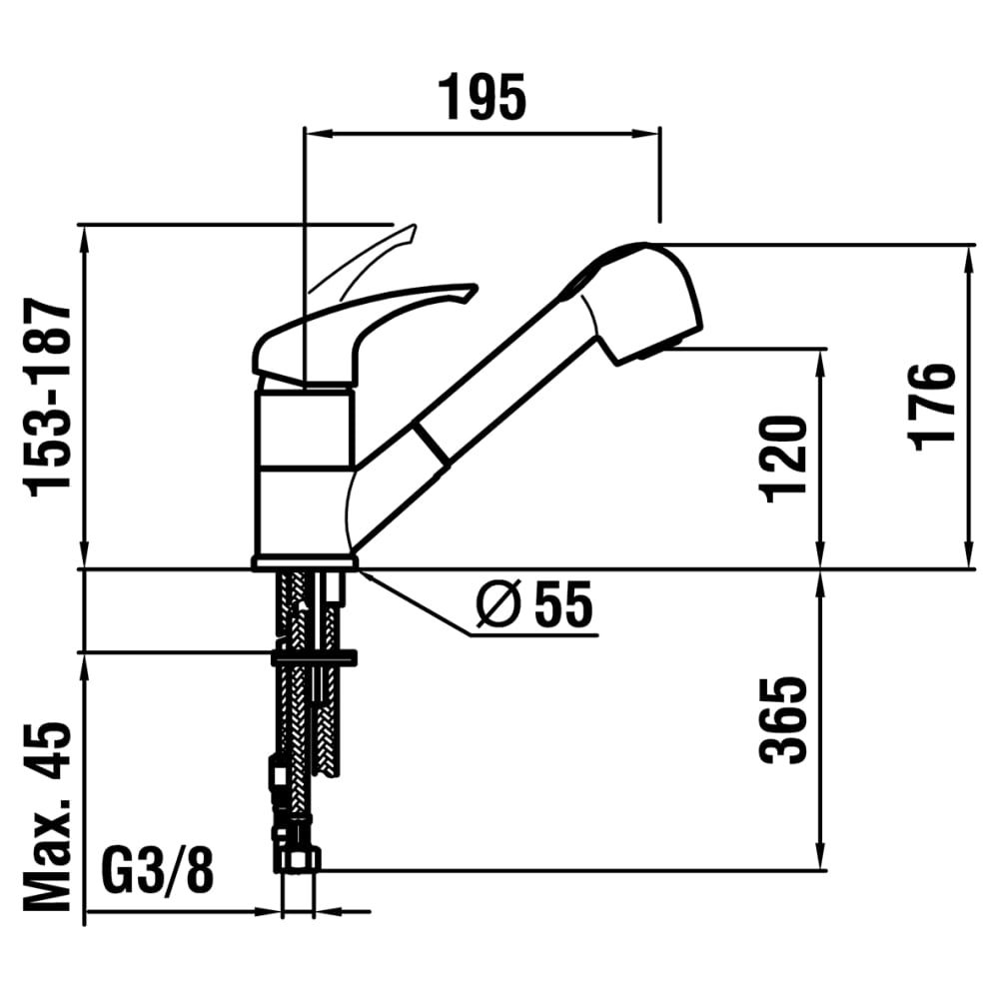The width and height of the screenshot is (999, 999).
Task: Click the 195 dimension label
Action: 483,97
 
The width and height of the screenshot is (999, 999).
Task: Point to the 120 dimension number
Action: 783,459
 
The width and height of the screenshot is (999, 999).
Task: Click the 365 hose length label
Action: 783,719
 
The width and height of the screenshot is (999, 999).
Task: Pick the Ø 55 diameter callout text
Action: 534,604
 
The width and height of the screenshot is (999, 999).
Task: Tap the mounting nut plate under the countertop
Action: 314,657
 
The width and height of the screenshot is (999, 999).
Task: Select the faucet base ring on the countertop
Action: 305,562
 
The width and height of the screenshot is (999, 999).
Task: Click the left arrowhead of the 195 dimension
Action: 320,134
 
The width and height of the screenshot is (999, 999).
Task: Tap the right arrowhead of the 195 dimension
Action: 644,134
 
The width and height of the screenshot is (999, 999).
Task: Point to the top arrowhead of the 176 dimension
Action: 970,260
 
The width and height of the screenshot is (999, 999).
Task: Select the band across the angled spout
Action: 432,445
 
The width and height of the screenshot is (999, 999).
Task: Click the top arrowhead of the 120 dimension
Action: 821,364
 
